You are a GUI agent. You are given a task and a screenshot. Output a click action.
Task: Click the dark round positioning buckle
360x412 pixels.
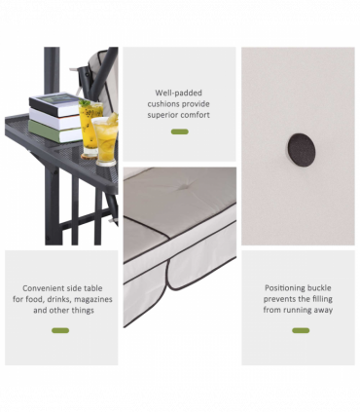coord(302,150)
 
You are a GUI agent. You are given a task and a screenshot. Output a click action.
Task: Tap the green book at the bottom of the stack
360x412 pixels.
coord(54,131)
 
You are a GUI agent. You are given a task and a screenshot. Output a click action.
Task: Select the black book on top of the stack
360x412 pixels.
coord(55,104)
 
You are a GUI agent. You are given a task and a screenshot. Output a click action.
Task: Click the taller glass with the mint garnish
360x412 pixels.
coord(90,130)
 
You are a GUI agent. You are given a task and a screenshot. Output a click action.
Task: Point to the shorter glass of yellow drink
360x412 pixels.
coord(105,140)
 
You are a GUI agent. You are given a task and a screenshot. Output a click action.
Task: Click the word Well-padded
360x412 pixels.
coord(178,93)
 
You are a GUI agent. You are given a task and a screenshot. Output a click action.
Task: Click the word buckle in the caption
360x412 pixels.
coord(319,288)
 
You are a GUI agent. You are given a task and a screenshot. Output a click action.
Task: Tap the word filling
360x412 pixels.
coord(322,299)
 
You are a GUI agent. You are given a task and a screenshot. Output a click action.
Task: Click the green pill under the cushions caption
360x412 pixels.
coord(180,131)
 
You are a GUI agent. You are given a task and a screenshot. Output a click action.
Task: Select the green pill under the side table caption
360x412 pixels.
coord(60,330)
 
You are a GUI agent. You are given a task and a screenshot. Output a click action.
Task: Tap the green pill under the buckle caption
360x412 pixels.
coord(301,330)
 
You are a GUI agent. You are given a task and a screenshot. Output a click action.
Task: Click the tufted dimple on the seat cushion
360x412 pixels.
coord(185,187)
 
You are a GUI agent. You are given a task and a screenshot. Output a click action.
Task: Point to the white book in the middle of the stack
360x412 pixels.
coord(55,119)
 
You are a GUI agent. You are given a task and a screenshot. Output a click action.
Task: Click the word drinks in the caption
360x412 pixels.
coord(59,299)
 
